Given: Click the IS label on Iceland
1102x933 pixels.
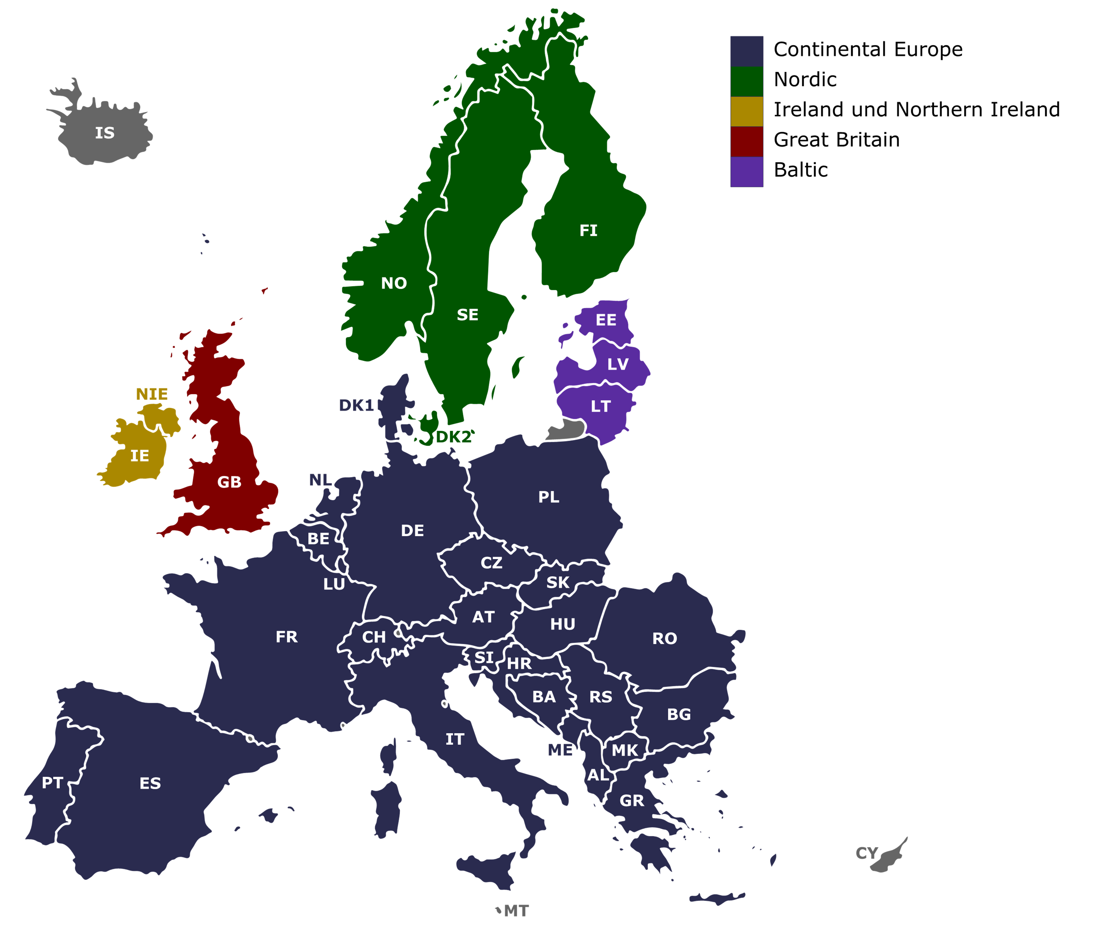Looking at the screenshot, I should point(105,133).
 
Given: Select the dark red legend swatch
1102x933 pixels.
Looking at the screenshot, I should point(747,141).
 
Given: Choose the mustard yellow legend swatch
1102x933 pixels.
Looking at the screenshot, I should point(747,111).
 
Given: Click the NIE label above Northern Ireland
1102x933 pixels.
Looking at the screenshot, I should point(152,394).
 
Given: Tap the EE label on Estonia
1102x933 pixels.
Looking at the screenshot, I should point(606,320).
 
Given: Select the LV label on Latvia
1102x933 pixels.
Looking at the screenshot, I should point(618,364).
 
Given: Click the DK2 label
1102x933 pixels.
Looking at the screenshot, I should point(453,437).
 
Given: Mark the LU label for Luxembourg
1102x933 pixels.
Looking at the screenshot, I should point(334,584).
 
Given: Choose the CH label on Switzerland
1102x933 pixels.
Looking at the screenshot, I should point(374,637).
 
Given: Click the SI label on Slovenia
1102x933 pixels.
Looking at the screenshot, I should point(484,657).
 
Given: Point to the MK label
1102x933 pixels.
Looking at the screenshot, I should point(625,750).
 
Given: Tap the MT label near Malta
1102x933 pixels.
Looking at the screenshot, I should point(516,911).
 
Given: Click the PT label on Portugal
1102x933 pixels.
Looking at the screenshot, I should point(52,783).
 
